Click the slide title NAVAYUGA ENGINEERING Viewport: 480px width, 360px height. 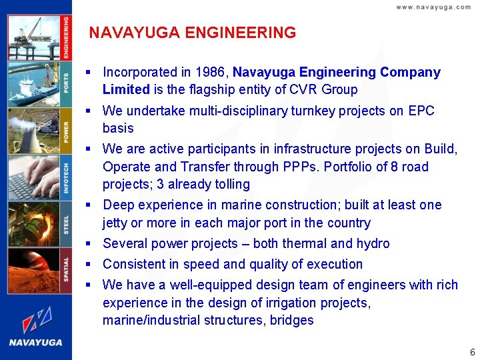[192, 33]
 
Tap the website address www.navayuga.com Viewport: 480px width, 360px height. [433, 7]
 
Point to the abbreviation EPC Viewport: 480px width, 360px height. [421, 111]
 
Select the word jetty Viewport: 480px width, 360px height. [117, 223]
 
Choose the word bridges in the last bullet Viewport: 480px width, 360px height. [291, 320]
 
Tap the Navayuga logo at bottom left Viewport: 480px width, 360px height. [36, 326]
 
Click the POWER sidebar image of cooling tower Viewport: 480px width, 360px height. [33, 131]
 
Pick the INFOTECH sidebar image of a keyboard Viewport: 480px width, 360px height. [33, 177]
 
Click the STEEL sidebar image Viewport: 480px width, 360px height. [33, 224]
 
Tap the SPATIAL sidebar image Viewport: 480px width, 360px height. [33, 270]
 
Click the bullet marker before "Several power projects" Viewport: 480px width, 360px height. [88, 244]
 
